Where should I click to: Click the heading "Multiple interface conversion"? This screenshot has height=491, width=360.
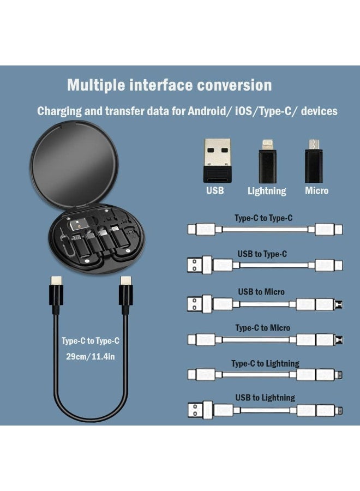coord(169,85)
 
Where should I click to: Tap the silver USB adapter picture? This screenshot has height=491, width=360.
coord(214,160)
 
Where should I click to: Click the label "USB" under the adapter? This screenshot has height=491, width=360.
coord(215,191)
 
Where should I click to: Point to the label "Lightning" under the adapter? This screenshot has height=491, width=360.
coord(267,191)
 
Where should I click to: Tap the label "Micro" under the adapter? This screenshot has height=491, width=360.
coord(317,191)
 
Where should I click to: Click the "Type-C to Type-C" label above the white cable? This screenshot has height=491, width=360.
coord(263,218)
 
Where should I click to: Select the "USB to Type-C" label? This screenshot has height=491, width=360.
coord(262,254)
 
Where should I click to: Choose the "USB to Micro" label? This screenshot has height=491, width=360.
coord(261,292)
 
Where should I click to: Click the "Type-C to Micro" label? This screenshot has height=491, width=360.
coord(263,328)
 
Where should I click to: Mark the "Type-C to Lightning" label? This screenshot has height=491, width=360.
coord(265,364)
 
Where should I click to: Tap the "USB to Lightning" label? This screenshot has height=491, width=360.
coord(266,398)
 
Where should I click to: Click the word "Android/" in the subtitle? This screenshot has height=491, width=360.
coord(209,111)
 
